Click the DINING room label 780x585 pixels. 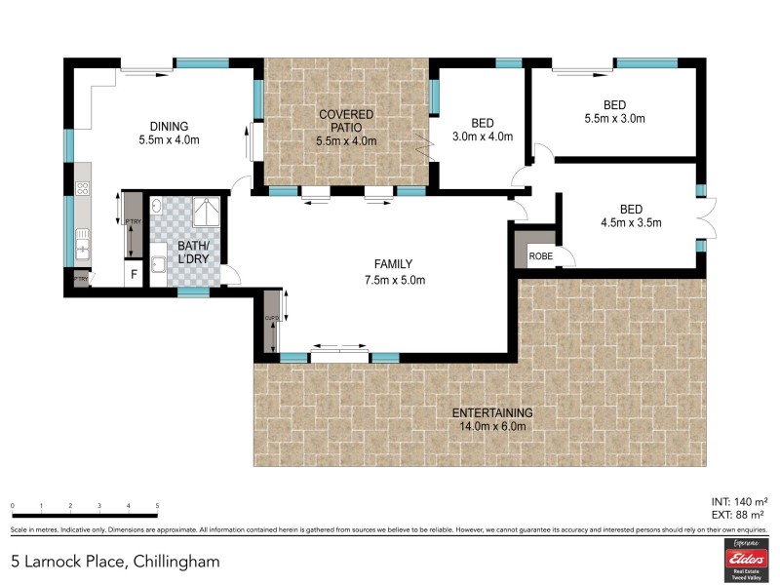[169, 126]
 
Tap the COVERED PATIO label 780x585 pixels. [346, 114]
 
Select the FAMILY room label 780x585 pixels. [395, 264]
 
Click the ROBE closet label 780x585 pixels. [540, 256]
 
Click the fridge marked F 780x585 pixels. [134, 274]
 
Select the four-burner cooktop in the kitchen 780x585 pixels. [83, 189]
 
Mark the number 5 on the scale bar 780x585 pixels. [157, 506]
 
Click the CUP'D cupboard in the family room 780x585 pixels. [272, 322]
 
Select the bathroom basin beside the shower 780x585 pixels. [157, 206]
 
